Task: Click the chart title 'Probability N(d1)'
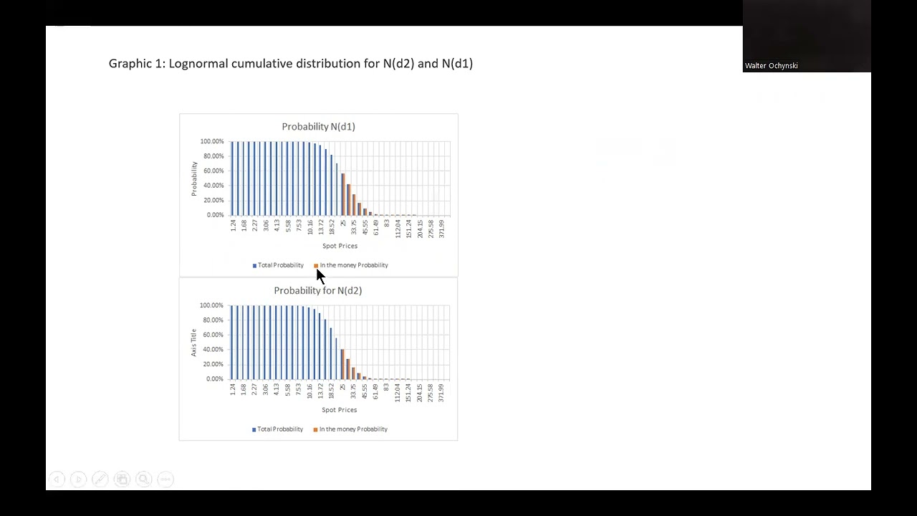click(x=318, y=127)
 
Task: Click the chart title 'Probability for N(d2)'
click(x=317, y=291)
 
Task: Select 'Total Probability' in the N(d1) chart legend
click(x=280, y=265)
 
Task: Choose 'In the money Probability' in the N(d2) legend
click(x=353, y=429)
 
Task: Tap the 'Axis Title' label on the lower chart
click(x=193, y=343)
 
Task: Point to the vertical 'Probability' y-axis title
click(x=194, y=178)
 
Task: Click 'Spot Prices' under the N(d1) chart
click(x=340, y=246)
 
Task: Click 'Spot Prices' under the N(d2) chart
click(x=339, y=410)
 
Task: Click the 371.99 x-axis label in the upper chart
click(x=442, y=229)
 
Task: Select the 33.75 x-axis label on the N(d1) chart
click(x=354, y=227)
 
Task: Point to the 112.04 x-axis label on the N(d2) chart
click(x=398, y=392)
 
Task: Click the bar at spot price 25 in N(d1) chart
click(x=343, y=194)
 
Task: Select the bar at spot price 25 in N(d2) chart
click(x=343, y=364)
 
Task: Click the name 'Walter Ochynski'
click(x=771, y=66)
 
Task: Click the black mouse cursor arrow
click(x=320, y=276)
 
